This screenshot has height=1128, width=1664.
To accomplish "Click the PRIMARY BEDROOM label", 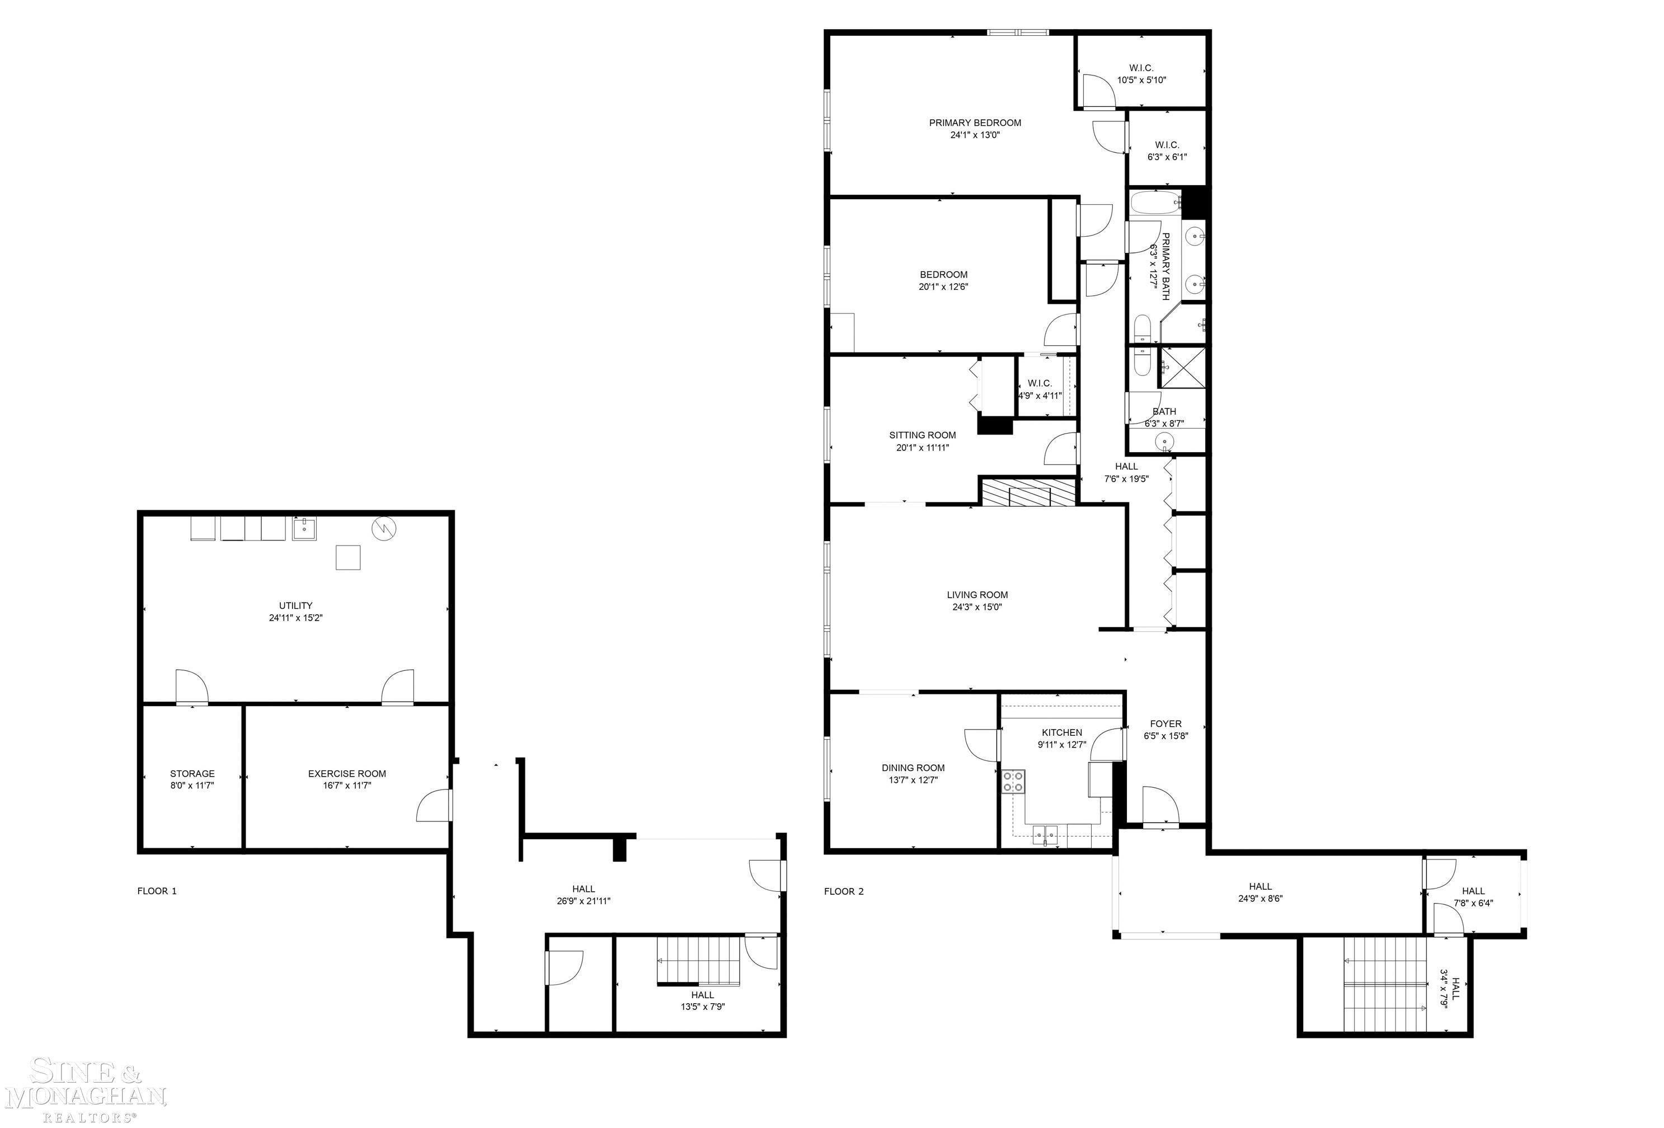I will tap(975, 123).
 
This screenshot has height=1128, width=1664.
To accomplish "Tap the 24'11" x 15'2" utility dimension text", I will tap(296, 617).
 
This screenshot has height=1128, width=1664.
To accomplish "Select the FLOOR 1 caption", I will tap(157, 891).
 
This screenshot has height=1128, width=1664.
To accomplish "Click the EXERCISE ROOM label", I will tap(346, 773).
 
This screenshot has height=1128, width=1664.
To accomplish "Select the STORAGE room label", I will tap(192, 773).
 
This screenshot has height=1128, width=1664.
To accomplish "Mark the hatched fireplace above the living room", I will tap(1028, 493).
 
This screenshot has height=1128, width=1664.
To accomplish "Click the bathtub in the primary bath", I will tap(1154, 204).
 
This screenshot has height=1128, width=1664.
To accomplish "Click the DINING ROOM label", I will tap(913, 768).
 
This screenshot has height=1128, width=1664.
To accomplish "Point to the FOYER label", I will tap(1165, 723).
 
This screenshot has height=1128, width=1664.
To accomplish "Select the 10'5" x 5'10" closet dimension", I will tap(1141, 80).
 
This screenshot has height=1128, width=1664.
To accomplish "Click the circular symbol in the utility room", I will tap(384, 529).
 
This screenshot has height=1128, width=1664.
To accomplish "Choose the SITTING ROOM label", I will tap(922, 435).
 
